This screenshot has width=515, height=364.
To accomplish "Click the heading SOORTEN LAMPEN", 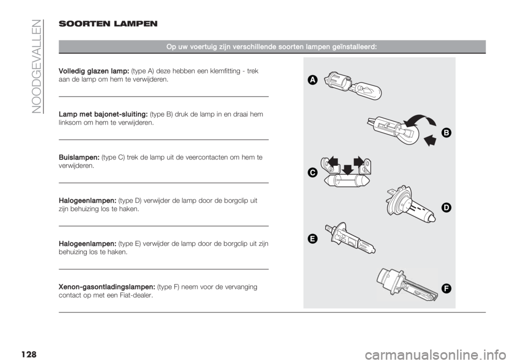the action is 108,24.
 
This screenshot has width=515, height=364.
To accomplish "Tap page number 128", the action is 28,354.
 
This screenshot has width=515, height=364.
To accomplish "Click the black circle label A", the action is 313,80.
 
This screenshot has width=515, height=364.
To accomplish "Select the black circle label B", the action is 446,133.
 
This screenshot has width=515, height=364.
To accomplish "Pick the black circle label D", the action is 446,208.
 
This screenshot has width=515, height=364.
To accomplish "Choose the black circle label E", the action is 313,239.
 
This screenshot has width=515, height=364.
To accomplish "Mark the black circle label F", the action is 446,288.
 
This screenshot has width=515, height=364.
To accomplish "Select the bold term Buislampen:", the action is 79,157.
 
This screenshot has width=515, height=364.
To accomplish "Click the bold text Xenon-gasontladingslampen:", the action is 107,287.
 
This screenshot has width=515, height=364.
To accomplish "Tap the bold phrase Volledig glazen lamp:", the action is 93,71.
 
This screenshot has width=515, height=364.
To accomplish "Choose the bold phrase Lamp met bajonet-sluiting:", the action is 103,114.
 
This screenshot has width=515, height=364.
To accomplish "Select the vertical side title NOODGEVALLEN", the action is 38,67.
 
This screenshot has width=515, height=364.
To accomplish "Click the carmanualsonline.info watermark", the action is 438,355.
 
